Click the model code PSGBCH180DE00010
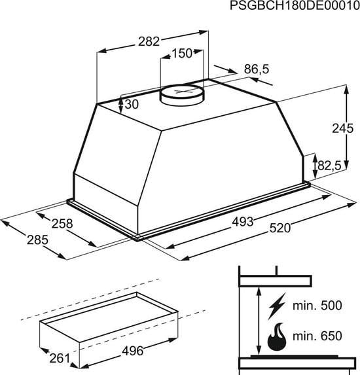tap(295, 7)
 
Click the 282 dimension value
tap(149, 42)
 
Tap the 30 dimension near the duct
tap(131, 105)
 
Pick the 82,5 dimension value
tap(329, 167)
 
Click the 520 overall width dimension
tap(279, 228)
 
